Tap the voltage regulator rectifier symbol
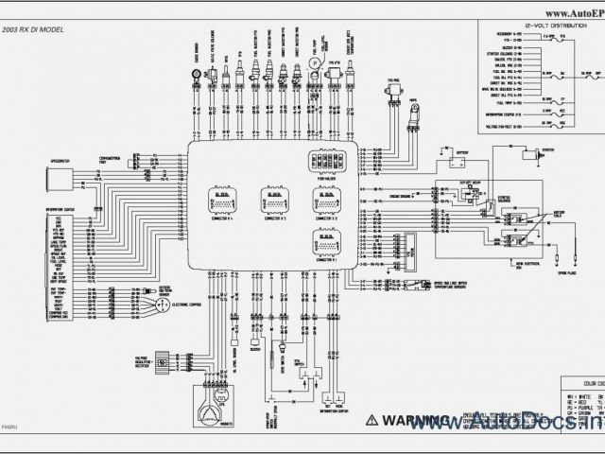(x=162, y=363)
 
